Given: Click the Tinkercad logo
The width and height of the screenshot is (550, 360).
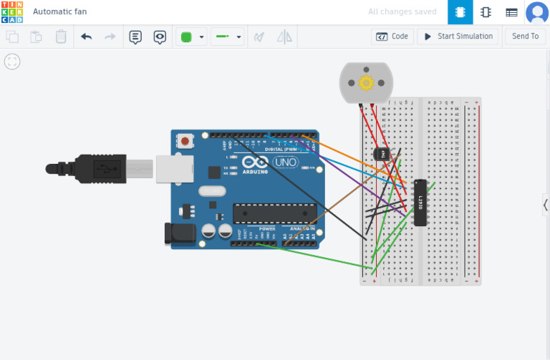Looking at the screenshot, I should (x=12, y=12).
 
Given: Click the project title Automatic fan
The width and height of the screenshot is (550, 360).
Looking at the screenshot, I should (x=60, y=12).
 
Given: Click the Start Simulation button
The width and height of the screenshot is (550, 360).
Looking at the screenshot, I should (x=458, y=37).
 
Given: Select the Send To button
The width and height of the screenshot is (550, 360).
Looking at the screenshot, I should (x=525, y=37).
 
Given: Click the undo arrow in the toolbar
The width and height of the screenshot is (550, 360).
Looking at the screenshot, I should (x=87, y=37).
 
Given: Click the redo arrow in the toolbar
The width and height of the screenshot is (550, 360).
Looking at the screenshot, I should (x=110, y=37).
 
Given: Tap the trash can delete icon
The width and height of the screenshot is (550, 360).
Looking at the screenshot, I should (x=61, y=37).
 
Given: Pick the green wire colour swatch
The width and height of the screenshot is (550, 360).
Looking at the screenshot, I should (x=187, y=37).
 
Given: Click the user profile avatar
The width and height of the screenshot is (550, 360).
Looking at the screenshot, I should (x=536, y=12).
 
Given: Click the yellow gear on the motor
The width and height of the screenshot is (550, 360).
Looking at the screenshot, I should (x=366, y=83).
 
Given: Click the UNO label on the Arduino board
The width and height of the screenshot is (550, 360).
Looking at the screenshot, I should (x=285, y=162).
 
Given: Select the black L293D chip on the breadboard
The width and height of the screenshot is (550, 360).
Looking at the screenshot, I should (x=420, y=203).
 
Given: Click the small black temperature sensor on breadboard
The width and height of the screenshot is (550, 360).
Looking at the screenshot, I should (x=381, y=153).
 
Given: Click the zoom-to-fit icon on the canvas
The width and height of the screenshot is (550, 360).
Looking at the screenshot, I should (x=12, y=62).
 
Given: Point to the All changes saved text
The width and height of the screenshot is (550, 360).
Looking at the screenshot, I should (x=402, y=12).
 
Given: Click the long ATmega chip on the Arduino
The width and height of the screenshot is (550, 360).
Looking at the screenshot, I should (x=274, y=213).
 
